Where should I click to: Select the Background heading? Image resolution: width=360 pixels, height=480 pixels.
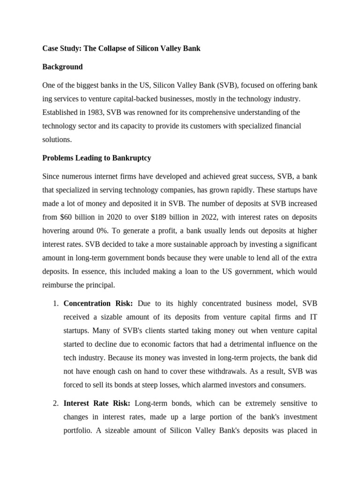pos(62,67)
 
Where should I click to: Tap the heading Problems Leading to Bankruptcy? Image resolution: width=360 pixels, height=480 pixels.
pos(97,158)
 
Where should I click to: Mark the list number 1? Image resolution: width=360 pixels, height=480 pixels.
pos(55,304)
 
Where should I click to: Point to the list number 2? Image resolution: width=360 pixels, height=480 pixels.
pos(55,403)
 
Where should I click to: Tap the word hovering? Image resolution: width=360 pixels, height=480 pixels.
pos(58,231)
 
